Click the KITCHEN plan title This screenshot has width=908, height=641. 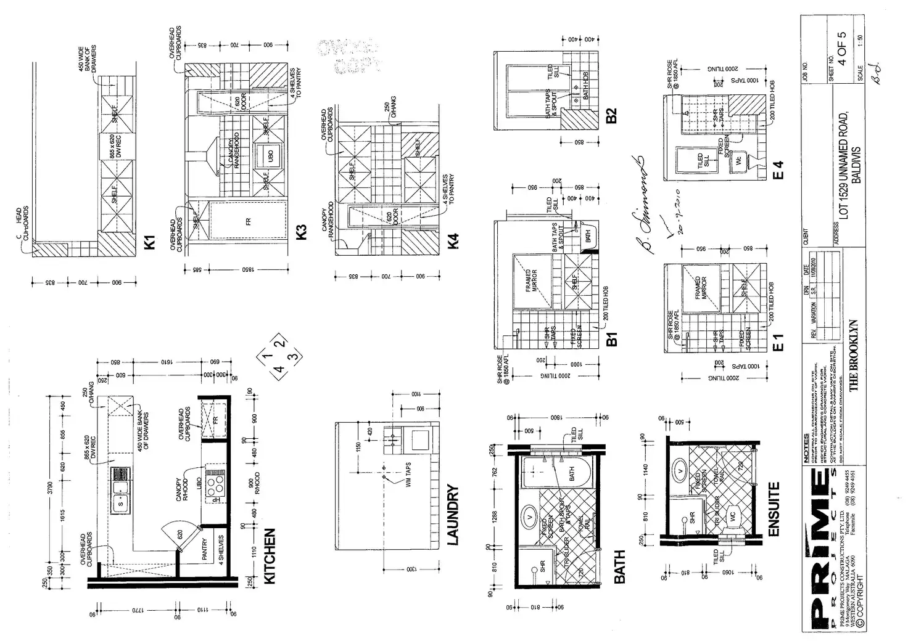point(270,556)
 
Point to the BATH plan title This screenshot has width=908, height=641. point(619,566)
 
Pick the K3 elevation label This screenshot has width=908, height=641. point(301,232)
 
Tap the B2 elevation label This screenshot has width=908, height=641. point(611,115)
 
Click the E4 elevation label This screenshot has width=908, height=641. point(778,171)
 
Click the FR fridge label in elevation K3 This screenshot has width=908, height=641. point(249,221)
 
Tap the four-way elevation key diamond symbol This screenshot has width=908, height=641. point(280,356)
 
